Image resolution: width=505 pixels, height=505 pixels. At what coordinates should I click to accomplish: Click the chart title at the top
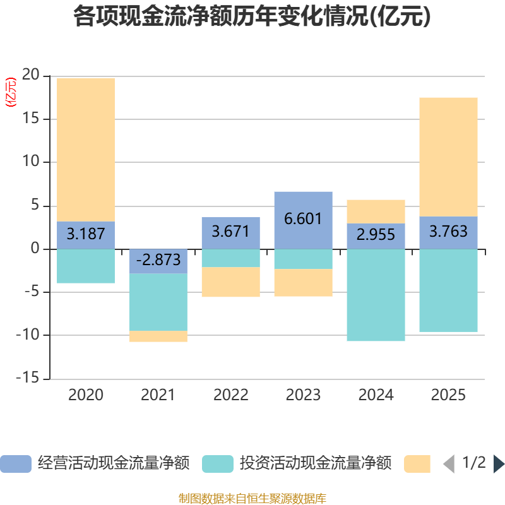(252, 17)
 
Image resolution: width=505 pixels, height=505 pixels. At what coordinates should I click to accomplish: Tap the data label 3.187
(86, 234)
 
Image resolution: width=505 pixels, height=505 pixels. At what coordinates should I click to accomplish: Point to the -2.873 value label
(158, 259)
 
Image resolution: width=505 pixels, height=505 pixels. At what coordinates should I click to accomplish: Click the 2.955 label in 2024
(376, 235)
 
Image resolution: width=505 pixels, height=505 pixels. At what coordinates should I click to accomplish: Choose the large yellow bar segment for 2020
(86, 149)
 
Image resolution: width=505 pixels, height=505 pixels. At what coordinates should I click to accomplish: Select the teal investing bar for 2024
(376, 295)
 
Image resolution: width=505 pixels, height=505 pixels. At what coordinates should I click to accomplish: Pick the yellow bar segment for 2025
(448, 157)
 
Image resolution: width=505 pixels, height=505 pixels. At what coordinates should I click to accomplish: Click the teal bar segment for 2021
(158, 302)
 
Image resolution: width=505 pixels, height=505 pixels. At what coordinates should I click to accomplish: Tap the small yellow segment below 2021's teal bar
(158, 336)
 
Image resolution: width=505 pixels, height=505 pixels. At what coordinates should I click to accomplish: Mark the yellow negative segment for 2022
(230, 282)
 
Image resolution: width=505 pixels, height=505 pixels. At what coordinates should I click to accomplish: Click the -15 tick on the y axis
(28, 379)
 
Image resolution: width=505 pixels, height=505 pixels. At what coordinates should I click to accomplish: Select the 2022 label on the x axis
(230, 395)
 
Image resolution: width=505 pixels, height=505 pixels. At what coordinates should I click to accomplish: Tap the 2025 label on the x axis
(448, 395)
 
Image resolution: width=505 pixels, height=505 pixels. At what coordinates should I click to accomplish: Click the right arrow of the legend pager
(499, 464)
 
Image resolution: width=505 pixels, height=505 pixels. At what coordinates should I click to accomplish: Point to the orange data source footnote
(252, 499)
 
